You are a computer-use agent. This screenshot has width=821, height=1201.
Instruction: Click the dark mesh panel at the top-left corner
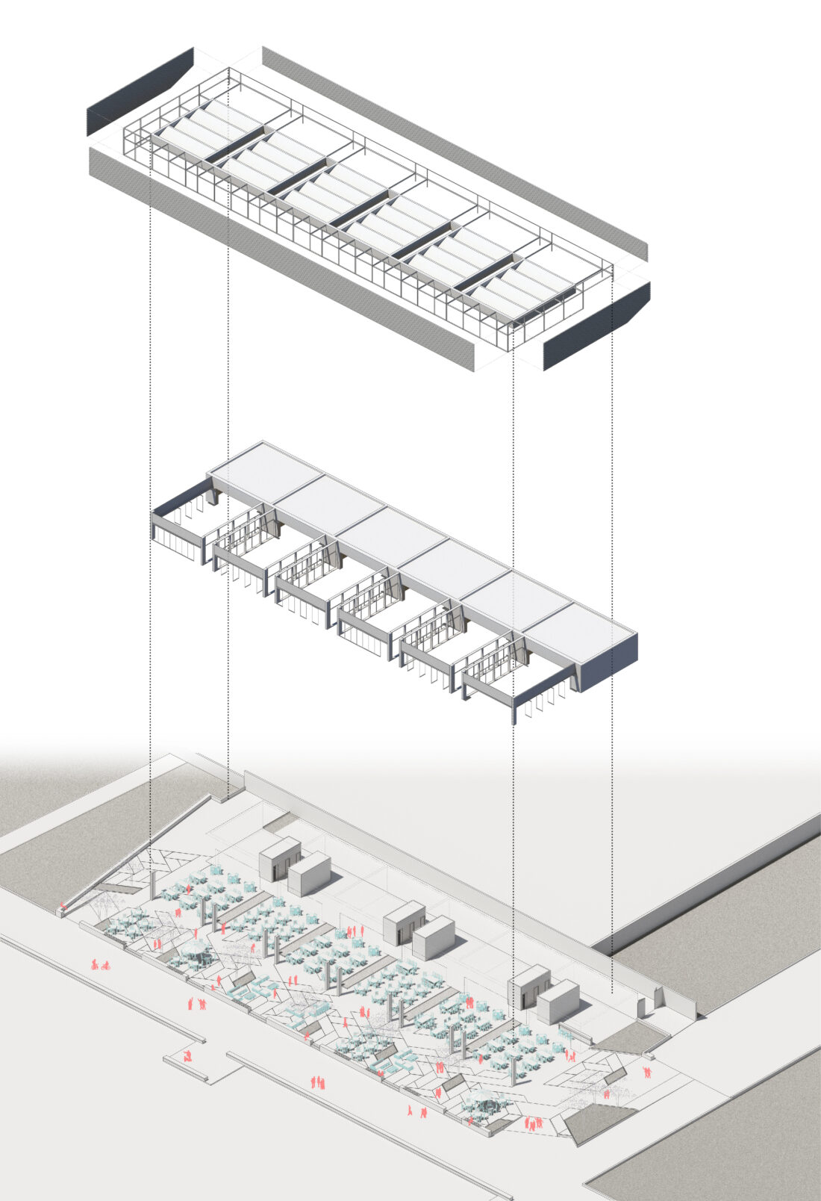point(140,91)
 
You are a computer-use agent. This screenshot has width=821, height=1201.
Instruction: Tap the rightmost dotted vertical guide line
point(612,598)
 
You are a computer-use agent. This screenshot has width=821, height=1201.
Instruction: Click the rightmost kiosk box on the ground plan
point(558,1002)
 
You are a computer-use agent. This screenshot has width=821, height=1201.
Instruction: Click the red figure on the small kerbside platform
point(188,1056)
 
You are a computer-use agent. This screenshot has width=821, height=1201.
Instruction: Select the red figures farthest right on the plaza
point(648,1073)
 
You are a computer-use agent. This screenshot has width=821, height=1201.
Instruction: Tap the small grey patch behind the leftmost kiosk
point(280,824)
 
